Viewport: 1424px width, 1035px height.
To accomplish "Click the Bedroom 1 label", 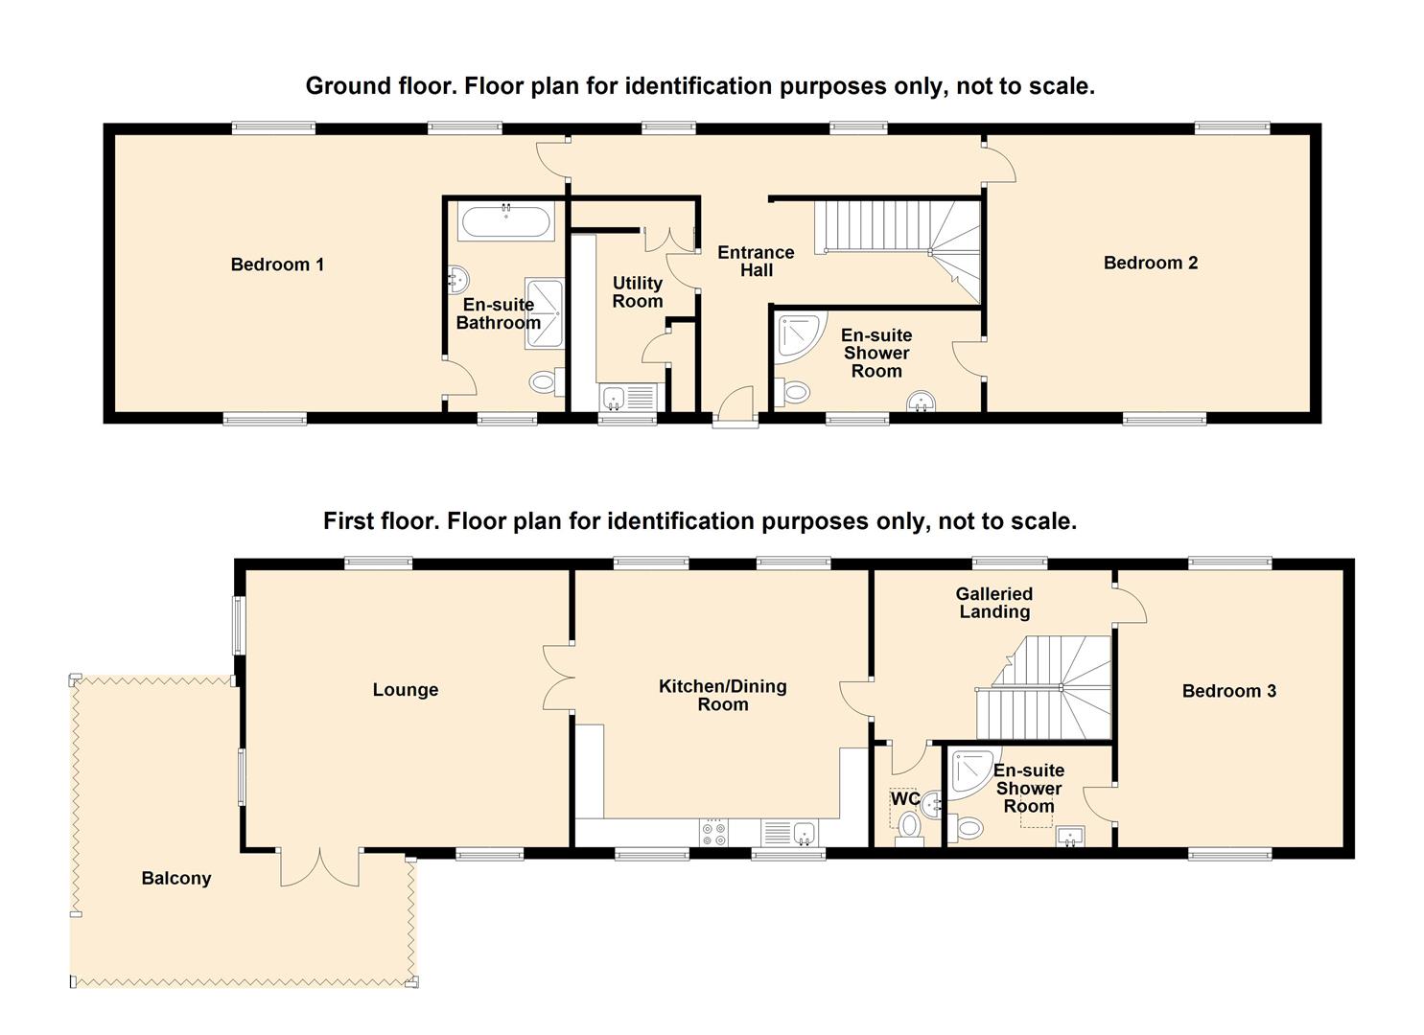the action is [277, 264].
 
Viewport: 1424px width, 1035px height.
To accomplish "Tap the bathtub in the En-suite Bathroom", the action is [506, 221].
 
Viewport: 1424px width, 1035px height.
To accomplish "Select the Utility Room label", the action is [637, 291].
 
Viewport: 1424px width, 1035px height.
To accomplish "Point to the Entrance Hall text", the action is [756, 261].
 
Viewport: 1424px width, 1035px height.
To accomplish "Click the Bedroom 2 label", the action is [1151, 263].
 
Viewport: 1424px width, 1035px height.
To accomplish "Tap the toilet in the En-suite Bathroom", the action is [547, 381].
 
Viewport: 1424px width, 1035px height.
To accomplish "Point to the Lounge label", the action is [405, 690].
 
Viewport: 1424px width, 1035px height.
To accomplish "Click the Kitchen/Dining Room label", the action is [723, 695].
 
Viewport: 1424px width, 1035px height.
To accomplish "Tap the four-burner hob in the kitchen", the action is [713, 834].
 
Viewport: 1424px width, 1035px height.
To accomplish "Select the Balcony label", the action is [176, 878].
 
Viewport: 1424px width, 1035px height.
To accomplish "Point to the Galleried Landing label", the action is [994, 603].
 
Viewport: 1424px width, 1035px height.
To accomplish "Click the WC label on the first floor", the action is [905, 798].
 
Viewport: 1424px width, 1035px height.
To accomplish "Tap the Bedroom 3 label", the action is [1228, 691].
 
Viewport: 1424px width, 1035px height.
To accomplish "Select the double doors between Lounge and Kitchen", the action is [559, 678].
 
